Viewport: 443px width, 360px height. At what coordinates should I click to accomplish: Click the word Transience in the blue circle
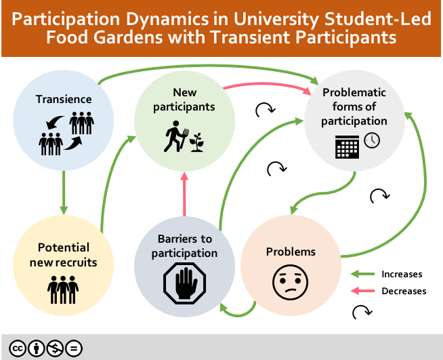[64, 100]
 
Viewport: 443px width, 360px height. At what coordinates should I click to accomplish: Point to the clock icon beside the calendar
[372, 140]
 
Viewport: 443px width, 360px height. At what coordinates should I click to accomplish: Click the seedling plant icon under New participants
[198, 141]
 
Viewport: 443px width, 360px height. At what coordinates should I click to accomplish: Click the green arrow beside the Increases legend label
[362, 275]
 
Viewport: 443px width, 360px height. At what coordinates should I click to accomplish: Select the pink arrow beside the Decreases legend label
[362, 291]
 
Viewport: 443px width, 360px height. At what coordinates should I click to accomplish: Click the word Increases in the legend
[402, 275]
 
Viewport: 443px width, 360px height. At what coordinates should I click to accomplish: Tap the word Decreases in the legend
[404, 291]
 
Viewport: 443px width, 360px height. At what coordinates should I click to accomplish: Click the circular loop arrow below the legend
[362, 311]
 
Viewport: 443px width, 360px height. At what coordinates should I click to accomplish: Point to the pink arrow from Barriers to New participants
[184, 197]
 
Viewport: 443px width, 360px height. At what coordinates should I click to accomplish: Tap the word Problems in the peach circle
[291, 252]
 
